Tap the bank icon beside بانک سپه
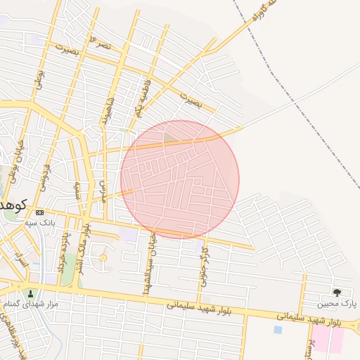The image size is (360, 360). (39, 212)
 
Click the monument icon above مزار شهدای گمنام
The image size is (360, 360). (30, 293)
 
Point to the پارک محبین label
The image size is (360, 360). (337, 304)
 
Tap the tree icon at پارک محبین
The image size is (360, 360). (337, 292)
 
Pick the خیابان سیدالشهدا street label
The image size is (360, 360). (150, 264)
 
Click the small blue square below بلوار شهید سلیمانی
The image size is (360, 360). (278, 329)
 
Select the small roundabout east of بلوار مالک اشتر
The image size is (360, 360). (103, 258)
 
